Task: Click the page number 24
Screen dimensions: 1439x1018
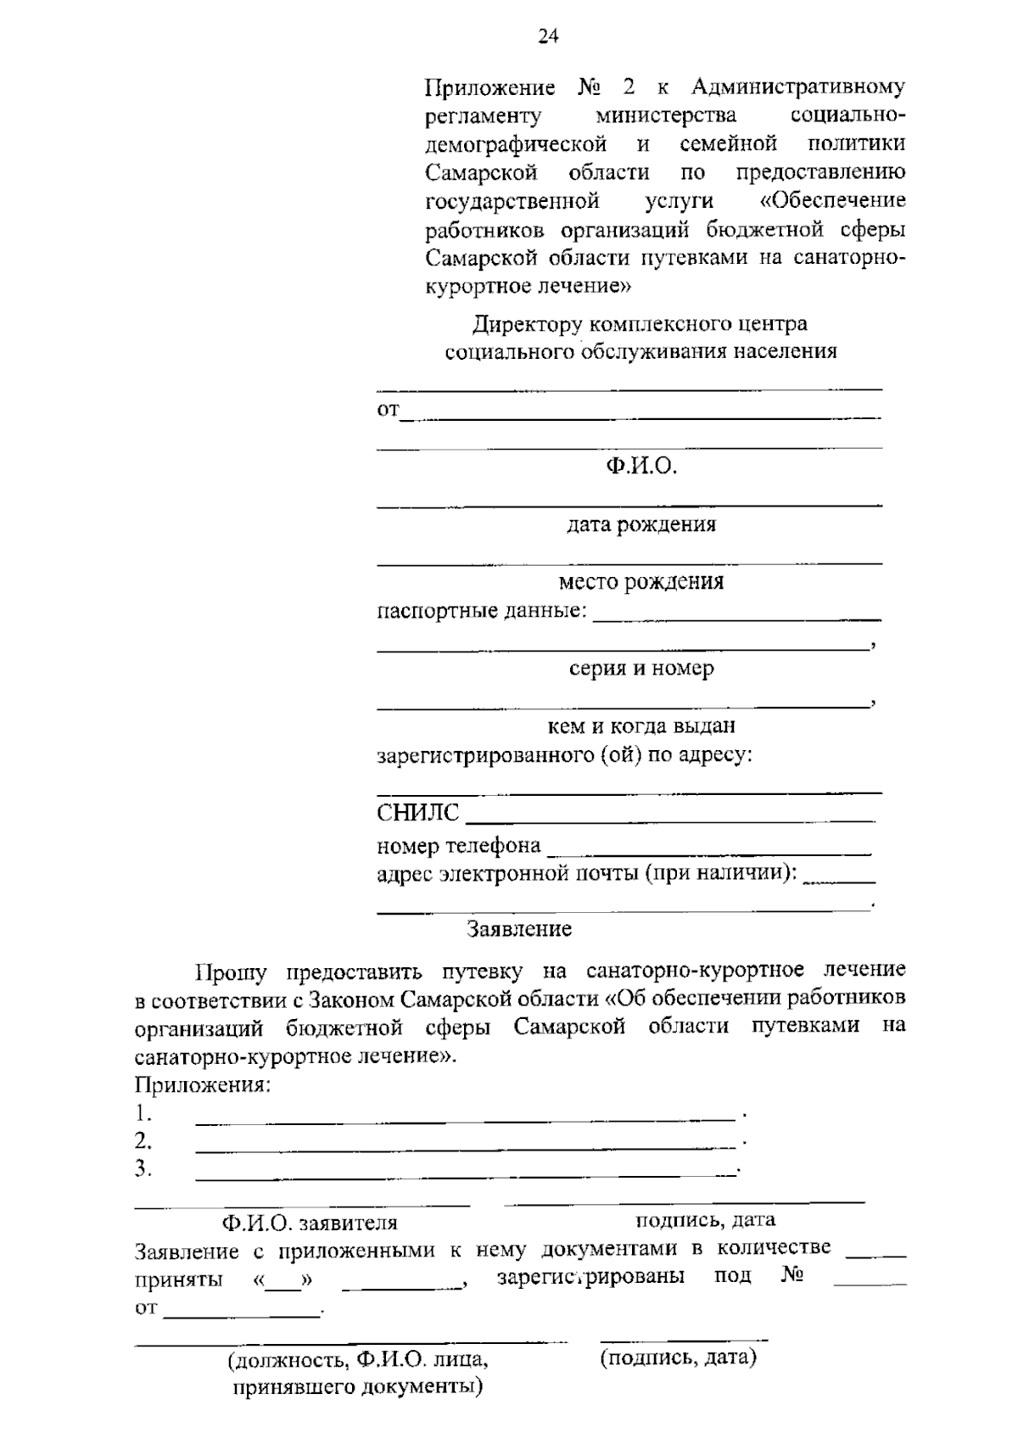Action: coord(548,36)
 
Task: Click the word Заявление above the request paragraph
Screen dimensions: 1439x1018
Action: coord(520,929)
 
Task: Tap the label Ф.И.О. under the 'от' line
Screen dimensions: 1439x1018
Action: coord(640,467)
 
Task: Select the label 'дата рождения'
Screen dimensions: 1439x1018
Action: coord(641,524)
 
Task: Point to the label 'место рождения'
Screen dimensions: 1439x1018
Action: coord(640,582)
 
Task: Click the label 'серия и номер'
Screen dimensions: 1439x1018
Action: coord(640,669)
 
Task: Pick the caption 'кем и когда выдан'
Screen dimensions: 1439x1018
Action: coord(640,726)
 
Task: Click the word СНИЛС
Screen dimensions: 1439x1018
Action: coord(417,814)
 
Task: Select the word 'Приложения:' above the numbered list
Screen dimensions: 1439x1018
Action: coord(203,1085)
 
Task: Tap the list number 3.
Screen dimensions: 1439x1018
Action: coord(143,1169)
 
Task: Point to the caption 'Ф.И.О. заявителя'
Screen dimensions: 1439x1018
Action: coord(310,1223)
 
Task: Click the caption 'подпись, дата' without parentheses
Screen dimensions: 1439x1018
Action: coord(705,1220)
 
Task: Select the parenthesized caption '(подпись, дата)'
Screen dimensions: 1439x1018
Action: coord(678,1358)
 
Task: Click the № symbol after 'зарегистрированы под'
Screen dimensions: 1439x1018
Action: coord(792,1275)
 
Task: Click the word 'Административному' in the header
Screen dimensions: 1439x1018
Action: coord(798,87)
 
